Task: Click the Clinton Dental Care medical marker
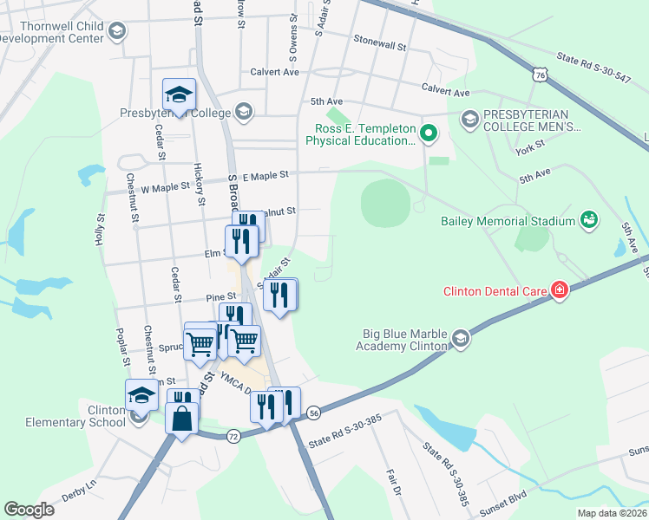click(x=560, y=289)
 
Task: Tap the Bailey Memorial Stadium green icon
click(x=589, y=221)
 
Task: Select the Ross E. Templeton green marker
click(x=427, y=133)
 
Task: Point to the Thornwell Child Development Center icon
click(x=117, y=32)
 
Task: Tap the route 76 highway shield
click(x=541, y=76)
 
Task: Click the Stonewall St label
click(x=380, y=40)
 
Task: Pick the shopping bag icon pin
click(x=181, y=419)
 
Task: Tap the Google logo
click(x=29, y=510)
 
